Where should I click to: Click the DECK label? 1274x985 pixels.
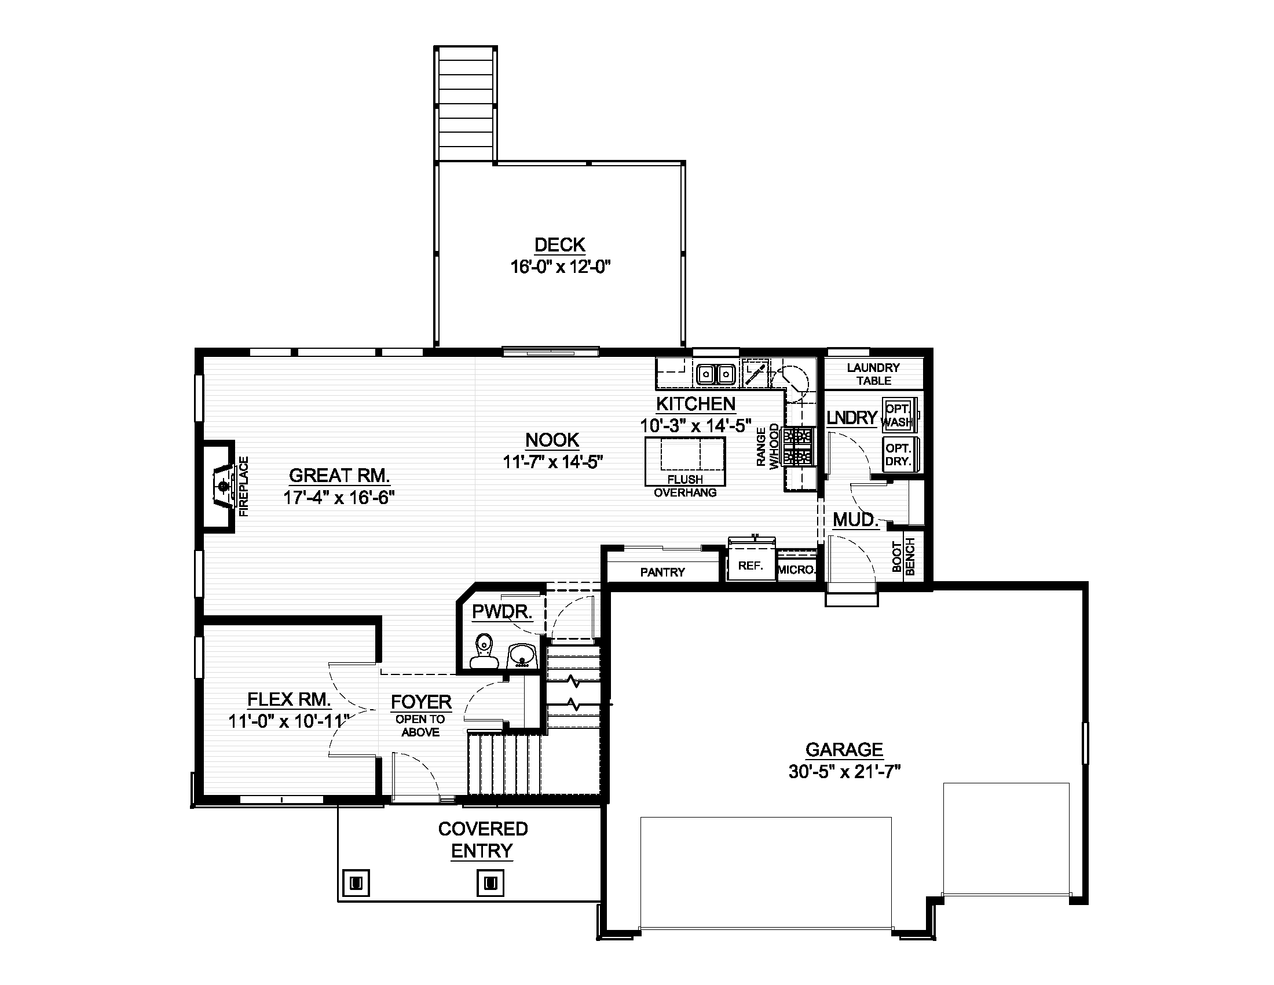click(x=559, y=245)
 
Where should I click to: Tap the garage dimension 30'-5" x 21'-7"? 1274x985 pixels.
click(x=844, y=772)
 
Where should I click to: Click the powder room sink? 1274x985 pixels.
click(x=521, y=655)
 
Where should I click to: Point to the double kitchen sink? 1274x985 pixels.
click(x=715, y=373)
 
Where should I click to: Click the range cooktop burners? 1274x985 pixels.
click(x=799, y=446)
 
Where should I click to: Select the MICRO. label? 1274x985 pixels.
click(x=796, y=570)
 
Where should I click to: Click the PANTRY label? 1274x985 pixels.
click(x=662, y=572)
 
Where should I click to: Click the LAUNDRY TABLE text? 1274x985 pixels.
click(x=873, y=374)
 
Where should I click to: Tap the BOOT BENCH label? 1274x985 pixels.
click(x=903, y=557)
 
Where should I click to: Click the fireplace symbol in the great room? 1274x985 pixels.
click(x=224, y=486)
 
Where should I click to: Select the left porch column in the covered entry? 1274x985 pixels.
click(x=356, y=882)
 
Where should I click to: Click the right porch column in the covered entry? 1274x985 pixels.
click(x=490, y=882)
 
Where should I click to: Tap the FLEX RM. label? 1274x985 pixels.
click(x=289, y=699)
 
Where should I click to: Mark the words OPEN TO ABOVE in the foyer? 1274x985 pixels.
click(x=420, y=726)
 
